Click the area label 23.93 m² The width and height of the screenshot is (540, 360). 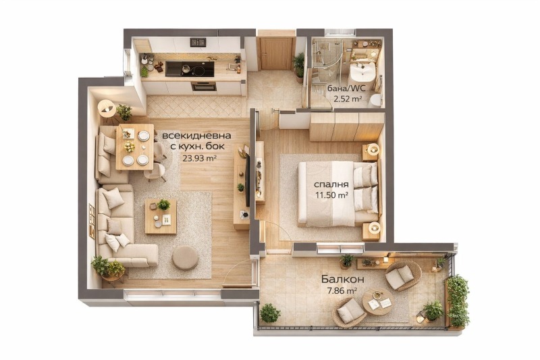click(x=199, y=158)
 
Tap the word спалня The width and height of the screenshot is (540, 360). click(x=331, y=184)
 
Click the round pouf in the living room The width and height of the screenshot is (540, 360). click(x=185, y=258)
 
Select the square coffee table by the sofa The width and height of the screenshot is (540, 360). click(x=161, y=216)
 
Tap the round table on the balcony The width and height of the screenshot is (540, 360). click(x=377, y=301)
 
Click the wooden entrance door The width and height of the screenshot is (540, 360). click(x=276, y=53)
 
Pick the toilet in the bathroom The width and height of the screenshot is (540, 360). click(x=375, y=100)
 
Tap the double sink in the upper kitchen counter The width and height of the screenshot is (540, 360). click(x=198, y=43)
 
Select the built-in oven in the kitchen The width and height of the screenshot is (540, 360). click(x=204, y=86)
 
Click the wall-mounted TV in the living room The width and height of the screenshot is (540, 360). click(x=247, y=180)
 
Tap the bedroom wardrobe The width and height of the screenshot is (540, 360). click(x=346, y=126)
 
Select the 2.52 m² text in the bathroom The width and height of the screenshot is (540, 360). click(x=348, y=99)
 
